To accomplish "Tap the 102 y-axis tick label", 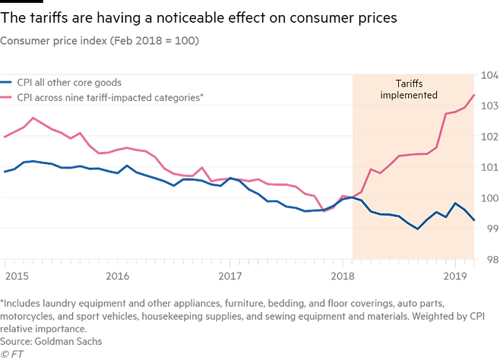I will (486, 137).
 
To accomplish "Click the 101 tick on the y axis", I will (486, 167).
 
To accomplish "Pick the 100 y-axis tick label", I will (486, 197).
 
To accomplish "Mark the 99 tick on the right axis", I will (488, 228).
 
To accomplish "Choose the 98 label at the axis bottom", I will (488, 259).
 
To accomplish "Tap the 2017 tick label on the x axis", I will (229, 273).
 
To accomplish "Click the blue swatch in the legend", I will (7, 81).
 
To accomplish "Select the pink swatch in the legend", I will (7, 94).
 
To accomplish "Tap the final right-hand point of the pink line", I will (476, 95).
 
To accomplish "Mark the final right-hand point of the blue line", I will (476, 221).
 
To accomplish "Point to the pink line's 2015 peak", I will (33, 117).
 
